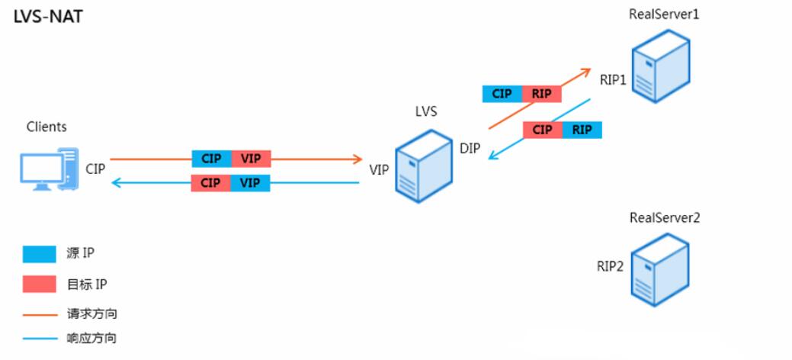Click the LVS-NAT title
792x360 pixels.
click(48, 17)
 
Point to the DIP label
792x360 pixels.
click(470, 148)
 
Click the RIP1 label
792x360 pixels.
click(613, 78)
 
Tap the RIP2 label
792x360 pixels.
click(610, 266)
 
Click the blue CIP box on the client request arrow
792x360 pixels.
click(211, 159)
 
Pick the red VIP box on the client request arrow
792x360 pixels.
click(250, 159)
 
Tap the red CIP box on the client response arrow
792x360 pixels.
click(211, 183)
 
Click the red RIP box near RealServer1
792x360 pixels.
click(541, 94)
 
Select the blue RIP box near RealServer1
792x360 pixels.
click(582, 130)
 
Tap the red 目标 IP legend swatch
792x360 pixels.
click(40, 284)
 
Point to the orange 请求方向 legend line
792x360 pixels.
click(40, 313)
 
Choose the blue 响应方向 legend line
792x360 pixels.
click(40, 337)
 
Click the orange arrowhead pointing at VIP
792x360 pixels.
click(357, 159)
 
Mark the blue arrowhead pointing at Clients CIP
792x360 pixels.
click(115, 183)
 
